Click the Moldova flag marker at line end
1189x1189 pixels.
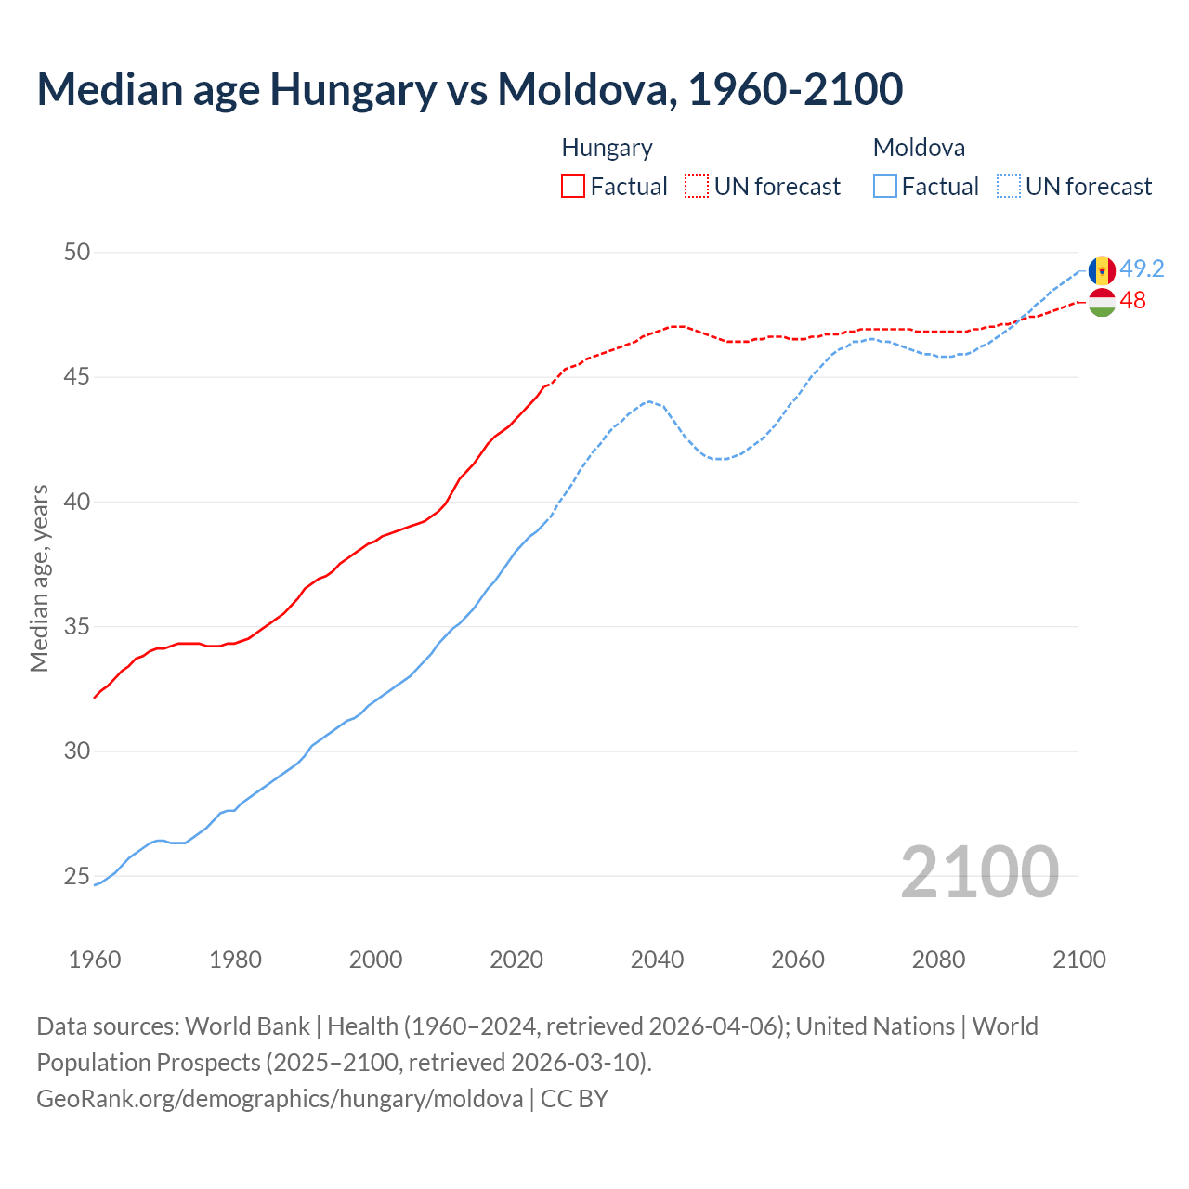click(x=1102, y=270)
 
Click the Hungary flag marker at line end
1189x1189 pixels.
click(x=1102, y=302)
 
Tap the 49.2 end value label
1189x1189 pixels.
click(x=1142, y=268)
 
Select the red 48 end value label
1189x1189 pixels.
click(x=1132, y=300)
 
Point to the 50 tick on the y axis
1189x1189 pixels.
click(x=77, y=252)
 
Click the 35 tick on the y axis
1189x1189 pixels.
click(x=77, y=626)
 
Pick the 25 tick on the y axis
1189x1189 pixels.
click(x=77, y=876)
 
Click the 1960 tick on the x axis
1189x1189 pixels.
click(x=95, y=960)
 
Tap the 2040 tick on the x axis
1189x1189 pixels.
click(x=657, y=960)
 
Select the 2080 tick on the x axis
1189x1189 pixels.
click(x=938, y=960)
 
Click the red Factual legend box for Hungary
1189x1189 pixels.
click(x=573, y=186)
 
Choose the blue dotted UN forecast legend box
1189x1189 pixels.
click(x=1009, y=186)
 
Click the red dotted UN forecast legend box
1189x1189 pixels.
click(x=697, y=186)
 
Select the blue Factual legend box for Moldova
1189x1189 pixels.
click(x=885, y=186)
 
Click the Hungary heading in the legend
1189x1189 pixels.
click(x=607, y=148)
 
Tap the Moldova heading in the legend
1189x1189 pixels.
click(x=919, y=148)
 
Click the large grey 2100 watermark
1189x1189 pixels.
click(x=979, y=871)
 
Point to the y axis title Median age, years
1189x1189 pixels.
click(x=39, y=578)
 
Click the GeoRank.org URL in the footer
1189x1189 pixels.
click(x=280, y=1098)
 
